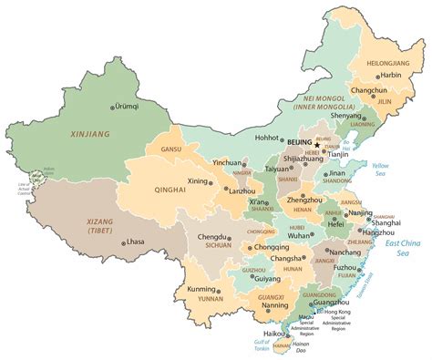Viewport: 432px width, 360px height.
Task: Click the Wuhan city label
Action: pos(300,235)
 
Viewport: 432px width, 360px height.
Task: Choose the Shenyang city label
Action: pos(347,117)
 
